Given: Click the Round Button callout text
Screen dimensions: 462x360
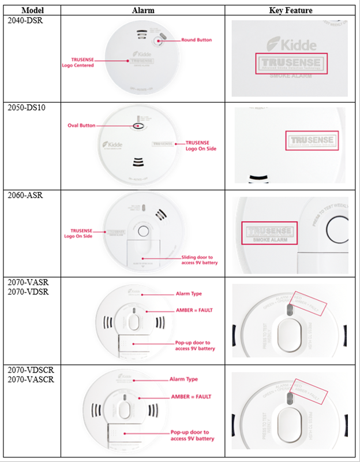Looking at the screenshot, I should [x=196, y=40].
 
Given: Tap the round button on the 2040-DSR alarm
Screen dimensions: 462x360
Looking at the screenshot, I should [x=160, y=40].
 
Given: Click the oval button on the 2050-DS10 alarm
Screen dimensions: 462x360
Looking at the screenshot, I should [x=138, y=126].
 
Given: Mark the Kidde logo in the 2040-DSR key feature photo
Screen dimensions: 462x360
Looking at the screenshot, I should [x=291, y=43].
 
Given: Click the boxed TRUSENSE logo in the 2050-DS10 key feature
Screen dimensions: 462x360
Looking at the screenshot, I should [x=312, y=141].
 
